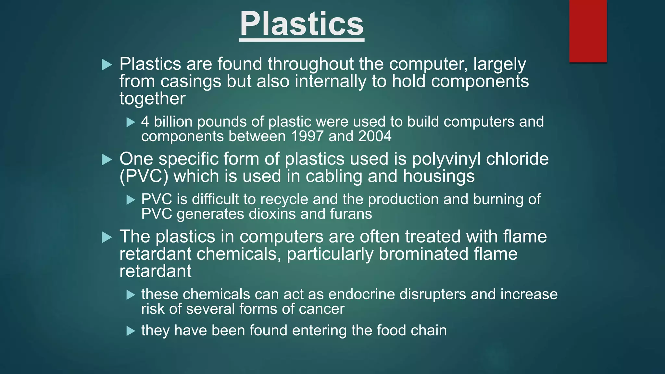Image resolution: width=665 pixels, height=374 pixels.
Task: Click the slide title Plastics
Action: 302,24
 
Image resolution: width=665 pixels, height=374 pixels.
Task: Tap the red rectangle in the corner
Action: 588,31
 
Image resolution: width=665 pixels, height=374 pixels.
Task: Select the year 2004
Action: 375,136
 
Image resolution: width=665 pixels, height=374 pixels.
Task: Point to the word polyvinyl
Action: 446,159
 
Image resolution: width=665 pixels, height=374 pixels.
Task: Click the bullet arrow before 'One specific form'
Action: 107,160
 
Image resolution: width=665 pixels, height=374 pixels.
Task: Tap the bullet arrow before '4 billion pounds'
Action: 131,122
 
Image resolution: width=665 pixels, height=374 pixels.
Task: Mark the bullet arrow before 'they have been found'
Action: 131,331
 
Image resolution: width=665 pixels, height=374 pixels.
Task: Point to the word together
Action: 152,99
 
